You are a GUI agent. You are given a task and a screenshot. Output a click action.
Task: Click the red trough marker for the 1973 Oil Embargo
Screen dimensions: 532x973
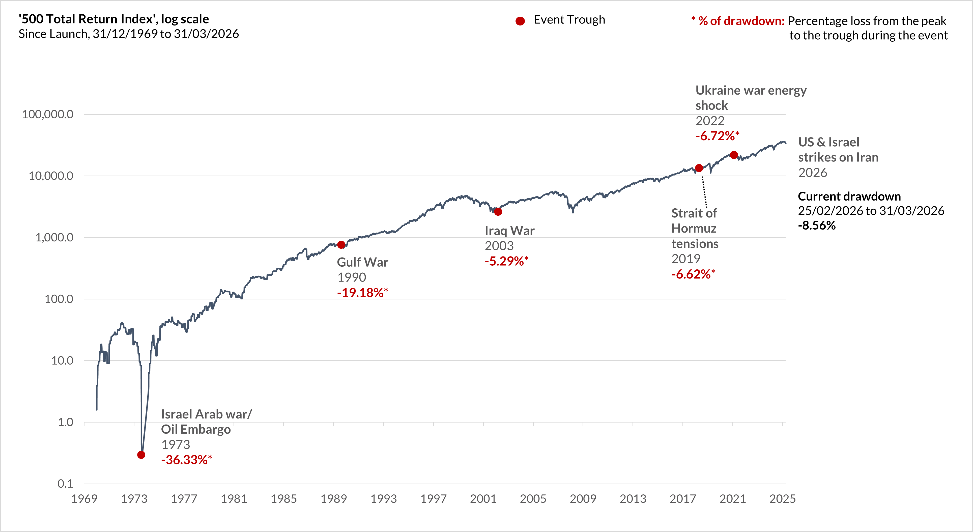pyautogui.click(x=141, y=455)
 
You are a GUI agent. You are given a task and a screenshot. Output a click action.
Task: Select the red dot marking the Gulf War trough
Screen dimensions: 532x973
pyautogui.click(x=341, y=245)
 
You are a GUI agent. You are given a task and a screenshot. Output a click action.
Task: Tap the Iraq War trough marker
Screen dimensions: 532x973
pyautogui.click(x=498, y=212)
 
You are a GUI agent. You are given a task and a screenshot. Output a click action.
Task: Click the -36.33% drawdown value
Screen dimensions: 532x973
pyautogui.click(x=185, y=460)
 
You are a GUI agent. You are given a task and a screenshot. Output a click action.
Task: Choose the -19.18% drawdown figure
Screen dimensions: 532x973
pyautogui.click(x=360, y=292)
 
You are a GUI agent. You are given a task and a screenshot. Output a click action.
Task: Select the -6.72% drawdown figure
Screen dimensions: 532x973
pyautogui.click(x=715, y=136)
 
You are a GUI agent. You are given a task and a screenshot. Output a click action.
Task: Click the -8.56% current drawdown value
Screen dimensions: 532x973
pyautogui.click(x=817, y=226)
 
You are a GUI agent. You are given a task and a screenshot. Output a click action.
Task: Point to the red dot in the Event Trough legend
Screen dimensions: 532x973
pyautogui.click(x=520, y=21)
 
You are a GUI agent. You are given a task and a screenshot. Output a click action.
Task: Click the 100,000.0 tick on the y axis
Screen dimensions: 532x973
pyautogui.click(x=48, y=114)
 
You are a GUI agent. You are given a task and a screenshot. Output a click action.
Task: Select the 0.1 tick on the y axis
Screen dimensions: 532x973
pyautogui.click(x=65, y=484)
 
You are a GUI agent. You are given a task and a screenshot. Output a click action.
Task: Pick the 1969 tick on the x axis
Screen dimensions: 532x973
pyautogui.click(x=84, y=499)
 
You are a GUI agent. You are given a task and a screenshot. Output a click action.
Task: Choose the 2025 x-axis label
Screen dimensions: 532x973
pyautogui.click(x=782, y=499)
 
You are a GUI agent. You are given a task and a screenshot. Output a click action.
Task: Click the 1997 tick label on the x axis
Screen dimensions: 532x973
pyautogui.click(x=433, y=499)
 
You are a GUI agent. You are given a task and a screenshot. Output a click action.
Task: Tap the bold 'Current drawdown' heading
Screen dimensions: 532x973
pyautogui.click(x=849, y=196)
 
